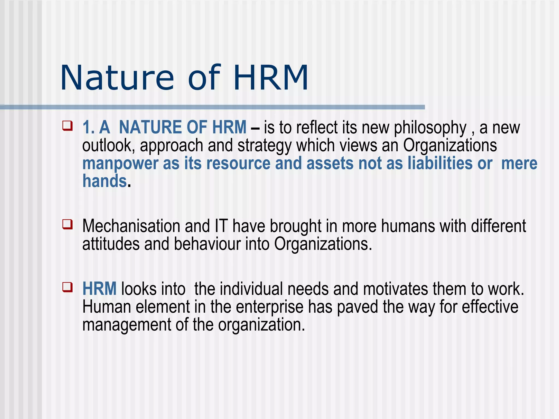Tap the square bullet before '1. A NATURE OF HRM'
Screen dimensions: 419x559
click(x=67, y=126)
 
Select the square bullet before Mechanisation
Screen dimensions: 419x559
click(x=67, y=224)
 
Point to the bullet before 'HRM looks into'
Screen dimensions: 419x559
click(x=67, y=287)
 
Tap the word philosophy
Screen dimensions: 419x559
click(x=430, y=128)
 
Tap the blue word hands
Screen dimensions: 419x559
click(x=105, y=181)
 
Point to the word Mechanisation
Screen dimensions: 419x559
click(x=131, y=226)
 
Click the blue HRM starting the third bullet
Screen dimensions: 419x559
click(x=99, y=289)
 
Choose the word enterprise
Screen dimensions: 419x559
click(x=270, y=307)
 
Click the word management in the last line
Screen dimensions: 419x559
click(x=127, y=325)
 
